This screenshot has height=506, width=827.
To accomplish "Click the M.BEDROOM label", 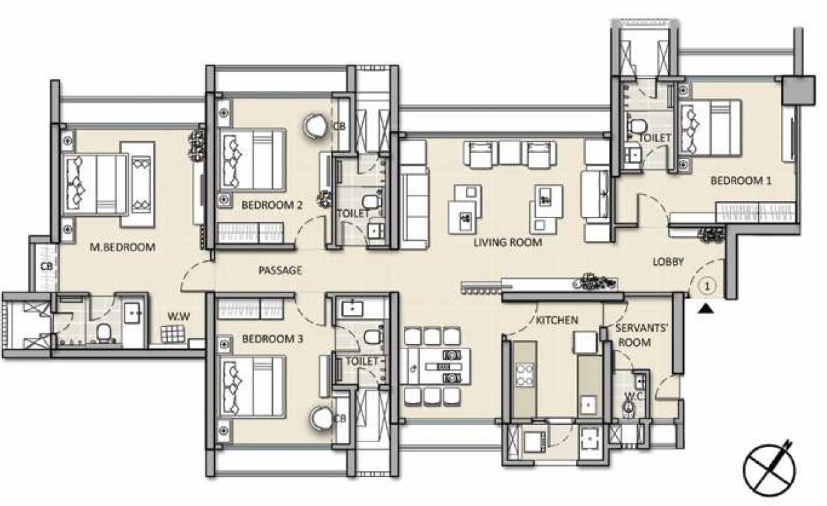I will [x=122, y=248].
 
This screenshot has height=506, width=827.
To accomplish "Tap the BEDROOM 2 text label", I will [x=271, y=205].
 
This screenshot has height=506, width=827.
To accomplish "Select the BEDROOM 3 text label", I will [x=272, y=339].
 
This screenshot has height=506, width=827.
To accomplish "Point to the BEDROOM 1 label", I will [x=740, y=181].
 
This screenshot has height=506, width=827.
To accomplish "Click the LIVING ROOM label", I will [x=507, y=242].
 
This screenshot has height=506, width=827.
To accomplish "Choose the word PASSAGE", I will [x=280, y=270].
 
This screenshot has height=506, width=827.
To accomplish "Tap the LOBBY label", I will [x=668, y=262].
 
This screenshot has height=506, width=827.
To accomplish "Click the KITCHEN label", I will [x=557, y=320].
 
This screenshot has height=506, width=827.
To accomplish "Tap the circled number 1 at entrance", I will [x=706, y=286].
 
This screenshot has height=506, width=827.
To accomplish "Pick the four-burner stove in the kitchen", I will [x=525, y=374].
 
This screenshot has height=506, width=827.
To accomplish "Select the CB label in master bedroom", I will [x=46, y=267].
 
